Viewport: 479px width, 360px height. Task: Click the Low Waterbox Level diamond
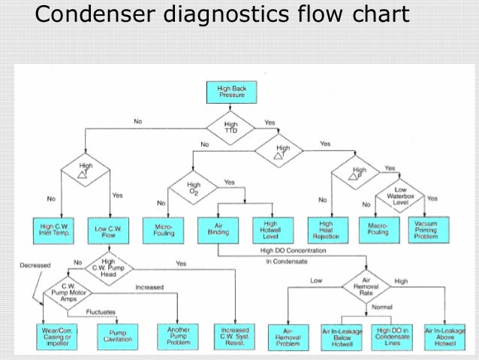(x=401, y=194)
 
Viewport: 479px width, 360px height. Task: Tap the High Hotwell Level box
(x=270, y=228)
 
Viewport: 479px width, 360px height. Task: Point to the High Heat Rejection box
(x=327, y=228)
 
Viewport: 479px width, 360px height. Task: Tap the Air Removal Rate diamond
(x=366, y=286)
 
